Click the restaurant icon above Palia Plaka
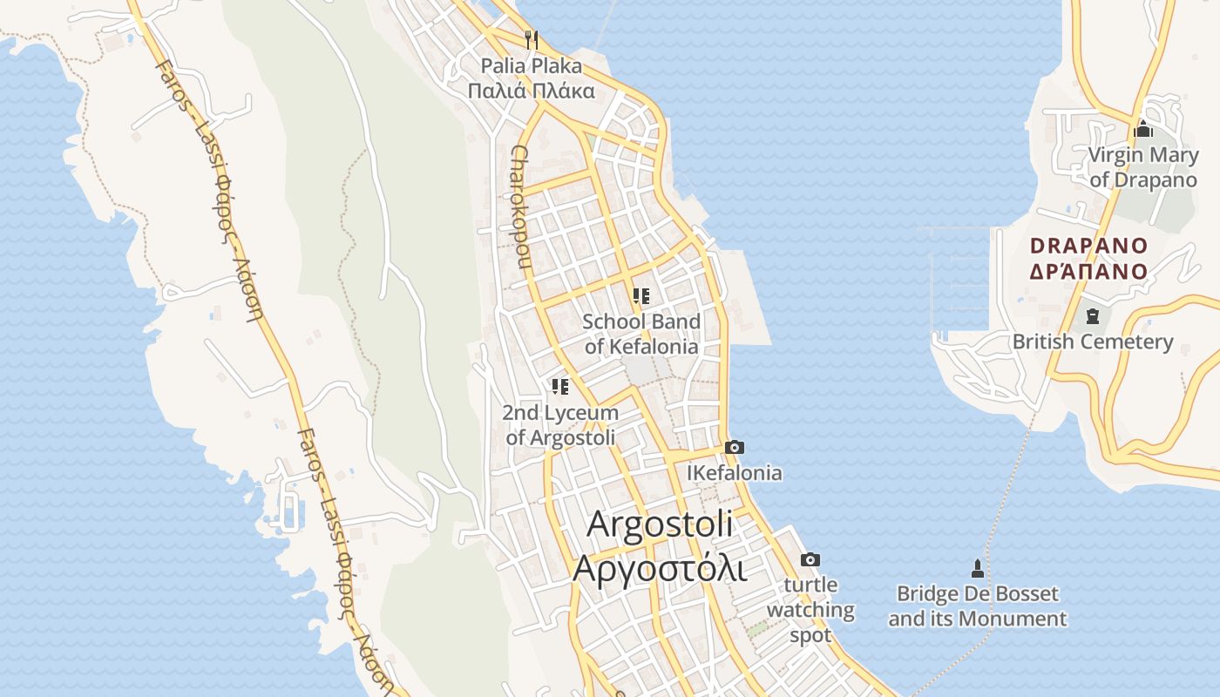tap(532, 39)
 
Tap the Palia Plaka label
tap(532, 66)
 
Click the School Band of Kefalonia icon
tap(641, 296)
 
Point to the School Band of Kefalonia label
tap(641, 334)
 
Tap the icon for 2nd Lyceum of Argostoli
tap(560, 386)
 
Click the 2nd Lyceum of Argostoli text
tap(560, 425)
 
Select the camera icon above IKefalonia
tap(735, 448)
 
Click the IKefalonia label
tap(735, 473)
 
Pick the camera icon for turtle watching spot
tap(810, 559)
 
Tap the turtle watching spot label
tap(810, 610)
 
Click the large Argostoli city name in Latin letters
tap(660, 524)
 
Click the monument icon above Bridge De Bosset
tap(977, 569)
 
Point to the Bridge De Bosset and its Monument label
tap(977, 606)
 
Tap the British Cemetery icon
tap(1093, 316)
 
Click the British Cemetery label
tap(1093, 342)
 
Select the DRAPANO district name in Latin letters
tap(1088, 246)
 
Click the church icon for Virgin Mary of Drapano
tap(1143, 130)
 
